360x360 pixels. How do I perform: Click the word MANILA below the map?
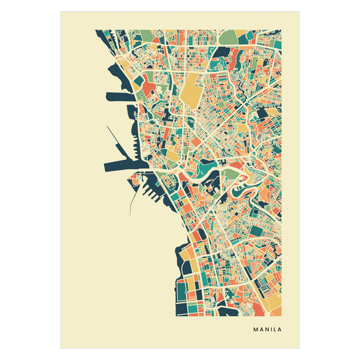(x=267, y=330)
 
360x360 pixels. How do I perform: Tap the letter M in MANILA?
(x=256, y=330)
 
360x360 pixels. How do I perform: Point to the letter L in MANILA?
(x=275, y=330)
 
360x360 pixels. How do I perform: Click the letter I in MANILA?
(x=272, y=330)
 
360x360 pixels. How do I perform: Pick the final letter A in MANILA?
(x=280, y=330)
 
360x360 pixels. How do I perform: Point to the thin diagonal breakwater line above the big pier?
(x=114, y=138)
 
